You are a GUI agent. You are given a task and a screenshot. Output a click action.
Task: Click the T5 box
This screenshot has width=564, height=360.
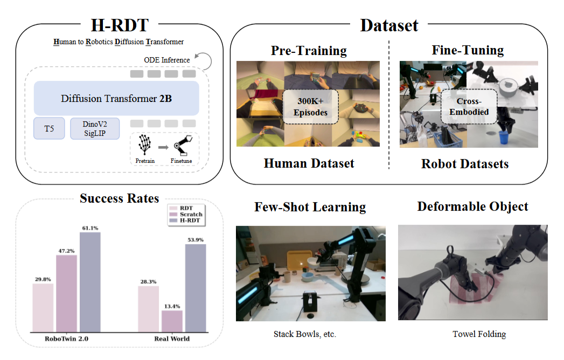click(x=49, y=128)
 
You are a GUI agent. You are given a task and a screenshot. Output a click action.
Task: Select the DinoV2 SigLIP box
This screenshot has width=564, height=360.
click(x=95, y=128)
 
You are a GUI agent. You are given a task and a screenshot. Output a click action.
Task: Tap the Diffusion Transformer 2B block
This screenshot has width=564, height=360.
click(x=116, y=98)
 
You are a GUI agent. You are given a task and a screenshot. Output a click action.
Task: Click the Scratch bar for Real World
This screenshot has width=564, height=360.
click(x=172, y=321)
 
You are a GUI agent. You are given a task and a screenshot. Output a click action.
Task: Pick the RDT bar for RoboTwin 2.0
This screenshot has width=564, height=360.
click(x=43, y=307)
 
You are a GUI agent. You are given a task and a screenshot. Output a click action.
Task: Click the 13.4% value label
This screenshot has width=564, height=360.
click(x=172, y=305)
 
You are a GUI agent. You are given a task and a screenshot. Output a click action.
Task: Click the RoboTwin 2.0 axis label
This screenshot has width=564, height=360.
click(x=66, y=339)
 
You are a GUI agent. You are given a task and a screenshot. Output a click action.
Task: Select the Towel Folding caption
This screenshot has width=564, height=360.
click(x=479, y=334)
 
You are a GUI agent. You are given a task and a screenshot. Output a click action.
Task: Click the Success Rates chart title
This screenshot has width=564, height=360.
click(x=119, y=198)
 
